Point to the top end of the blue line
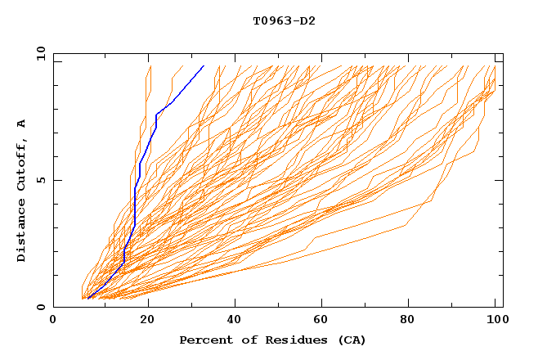(204, 65)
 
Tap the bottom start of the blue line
(87, 298)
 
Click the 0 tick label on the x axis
(53, 321)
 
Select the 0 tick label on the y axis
(41, 308)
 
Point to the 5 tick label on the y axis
(41, 180)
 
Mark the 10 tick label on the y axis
(38, 53)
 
